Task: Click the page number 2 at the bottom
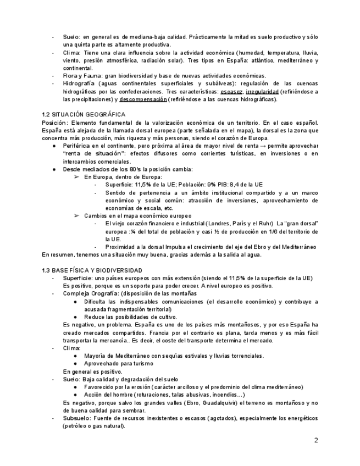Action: point(316,440)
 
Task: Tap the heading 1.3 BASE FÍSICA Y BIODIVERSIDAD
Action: point(92,270)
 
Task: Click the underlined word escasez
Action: point(231,91)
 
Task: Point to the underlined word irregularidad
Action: point(262,91)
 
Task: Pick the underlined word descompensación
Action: point(143,99)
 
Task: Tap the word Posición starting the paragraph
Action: point(54,122)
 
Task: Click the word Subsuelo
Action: point(76,418)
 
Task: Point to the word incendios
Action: point(224,395)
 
